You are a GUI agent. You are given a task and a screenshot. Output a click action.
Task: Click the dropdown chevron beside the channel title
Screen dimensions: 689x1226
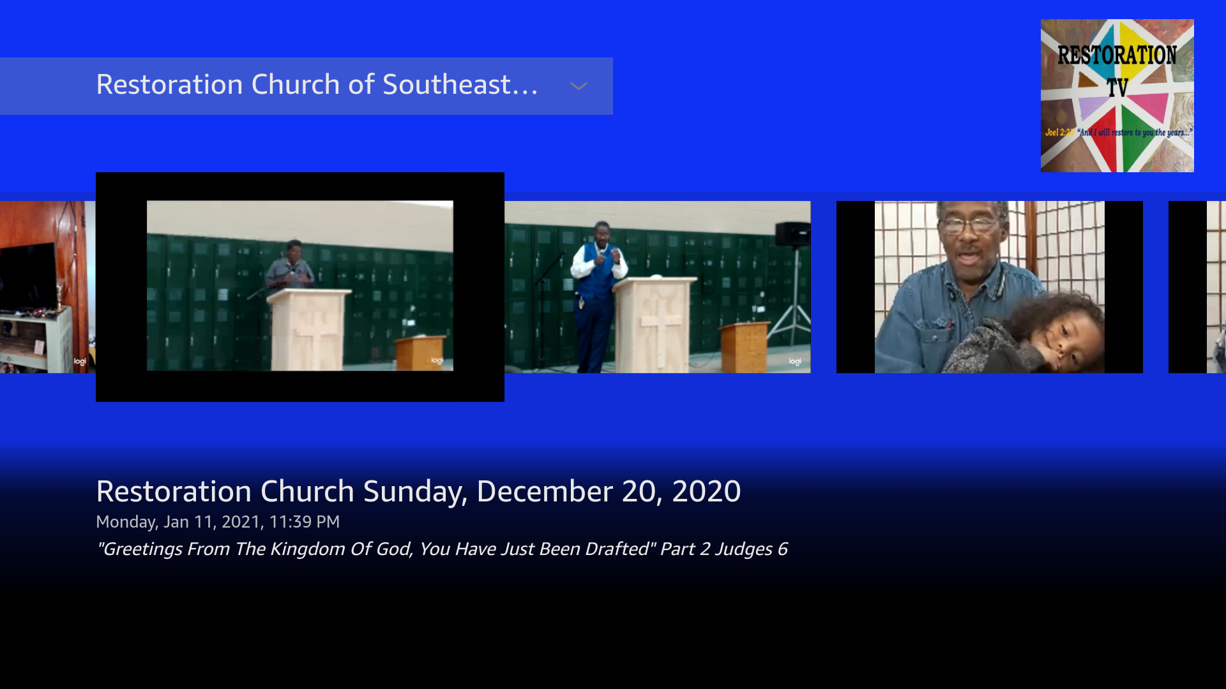pos(579,86)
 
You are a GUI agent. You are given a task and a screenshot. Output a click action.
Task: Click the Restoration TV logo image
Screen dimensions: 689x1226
pos(1117,96)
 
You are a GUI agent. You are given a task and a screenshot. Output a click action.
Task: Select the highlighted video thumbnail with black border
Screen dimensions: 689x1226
pos(299,286)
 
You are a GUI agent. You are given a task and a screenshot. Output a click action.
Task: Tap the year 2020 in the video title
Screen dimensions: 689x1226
pos(706,491)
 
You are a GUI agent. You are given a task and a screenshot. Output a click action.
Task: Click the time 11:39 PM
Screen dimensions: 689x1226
pos(304,522)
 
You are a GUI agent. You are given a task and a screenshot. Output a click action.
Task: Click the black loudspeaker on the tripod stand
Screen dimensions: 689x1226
pos(792,234)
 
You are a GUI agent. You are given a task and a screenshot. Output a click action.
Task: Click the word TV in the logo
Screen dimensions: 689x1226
pos(1117,88)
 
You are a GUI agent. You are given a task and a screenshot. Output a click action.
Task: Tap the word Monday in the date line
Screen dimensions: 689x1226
pos(125,522)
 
